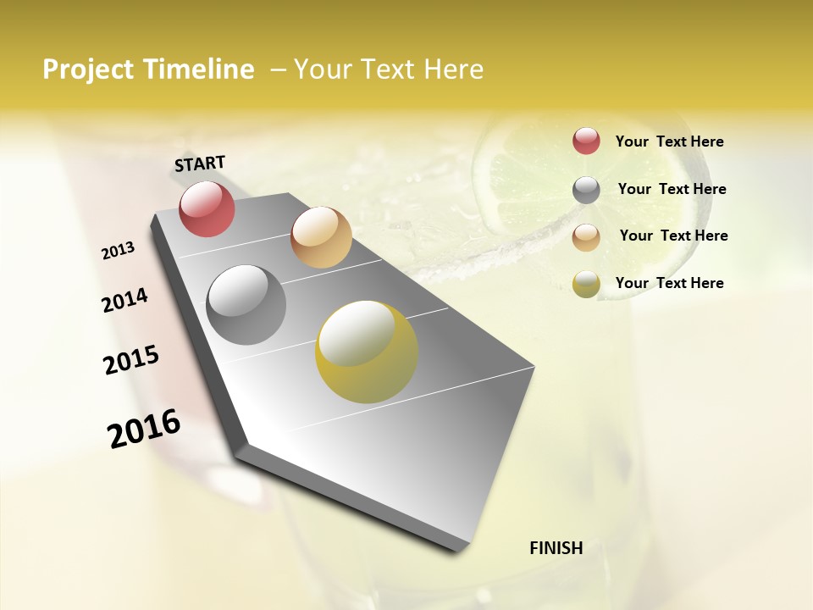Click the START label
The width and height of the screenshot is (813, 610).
(x=200, y=164)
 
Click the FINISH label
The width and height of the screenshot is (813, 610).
(x=556, y=548)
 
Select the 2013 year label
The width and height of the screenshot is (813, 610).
(x=118, y=251)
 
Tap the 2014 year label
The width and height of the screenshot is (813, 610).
(x=124, y=301)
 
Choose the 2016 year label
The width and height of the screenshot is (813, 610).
(x=144, y=429)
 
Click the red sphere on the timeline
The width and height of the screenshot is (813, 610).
(x=207, y=208)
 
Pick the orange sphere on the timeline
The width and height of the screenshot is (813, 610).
(x=321, y=237)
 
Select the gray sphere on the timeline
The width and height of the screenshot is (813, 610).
(x=246, y=305)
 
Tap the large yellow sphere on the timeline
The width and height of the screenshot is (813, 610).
(x=366, y=352)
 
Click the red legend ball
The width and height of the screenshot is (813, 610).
(x=586, y=141)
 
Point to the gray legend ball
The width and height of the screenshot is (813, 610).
(x=586, y=190)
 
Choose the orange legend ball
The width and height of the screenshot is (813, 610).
(x=586, y=237)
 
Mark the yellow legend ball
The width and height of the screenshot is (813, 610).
(x=586, y=284)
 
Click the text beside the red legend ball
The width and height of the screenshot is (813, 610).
(x=669, y=142)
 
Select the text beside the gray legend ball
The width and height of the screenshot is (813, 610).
(x=672, y=189)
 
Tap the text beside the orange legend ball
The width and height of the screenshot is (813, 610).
(x=673, y=236)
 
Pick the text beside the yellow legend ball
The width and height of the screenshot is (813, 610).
(x=669, y=283)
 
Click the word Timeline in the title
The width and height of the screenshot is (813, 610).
(x=199, y=69)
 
